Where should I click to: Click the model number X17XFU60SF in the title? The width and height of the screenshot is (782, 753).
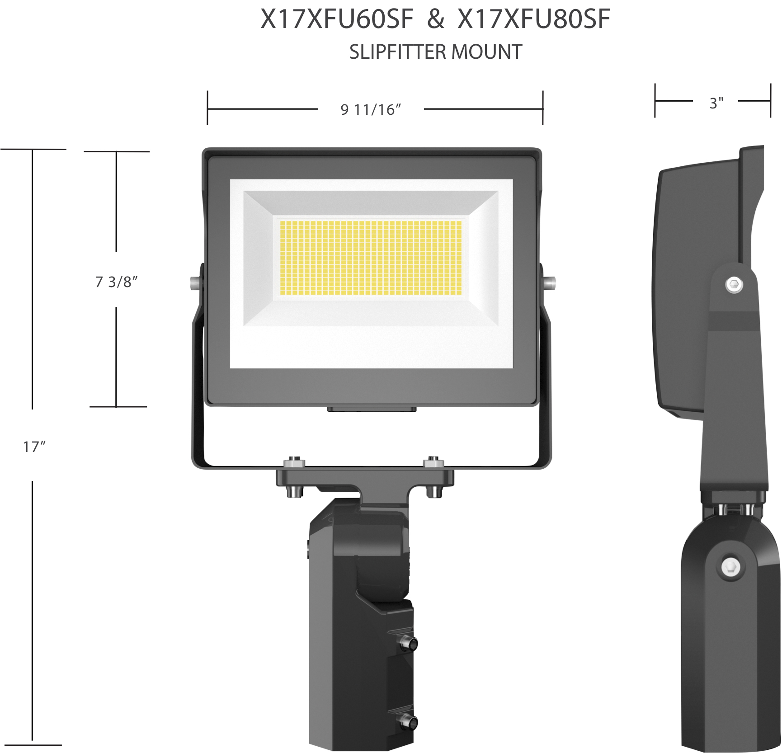337,19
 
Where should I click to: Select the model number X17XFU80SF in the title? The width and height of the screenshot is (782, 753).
534,19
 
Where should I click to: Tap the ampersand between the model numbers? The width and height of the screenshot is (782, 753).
435,20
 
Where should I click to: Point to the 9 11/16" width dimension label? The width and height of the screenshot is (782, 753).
371,109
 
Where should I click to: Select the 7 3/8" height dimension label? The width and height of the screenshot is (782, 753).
116,282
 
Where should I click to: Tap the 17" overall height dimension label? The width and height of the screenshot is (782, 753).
35,447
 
